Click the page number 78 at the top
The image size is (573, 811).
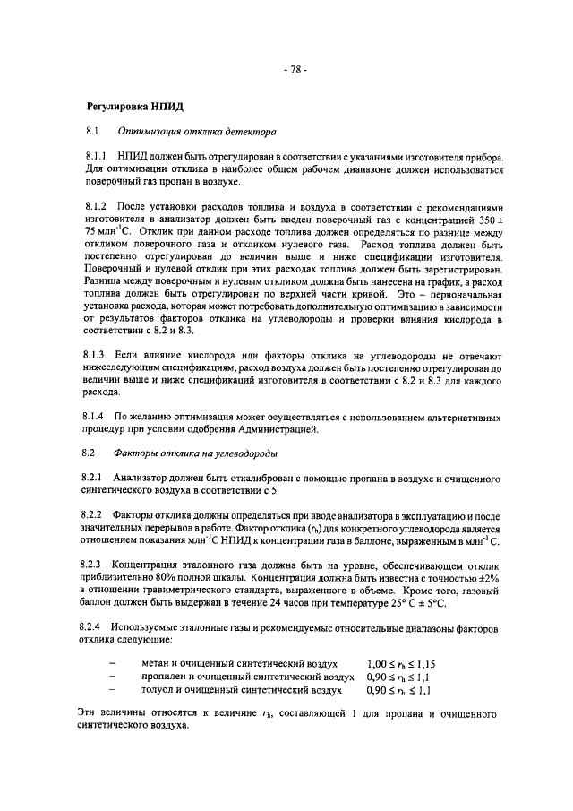coord(294,71)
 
